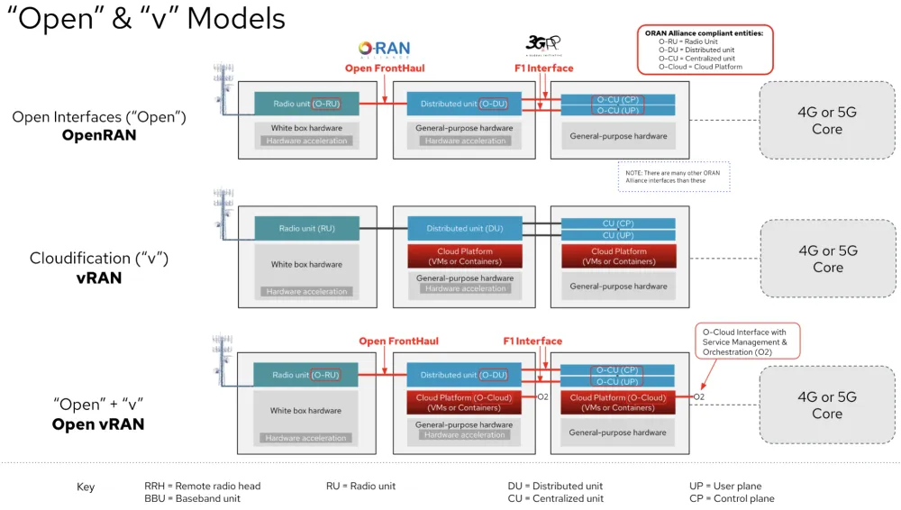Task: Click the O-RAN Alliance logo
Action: (384, 50)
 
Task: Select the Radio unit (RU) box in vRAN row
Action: (306, 228)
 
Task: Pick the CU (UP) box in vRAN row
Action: (618, 235)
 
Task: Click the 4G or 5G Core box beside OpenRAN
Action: (826, 121)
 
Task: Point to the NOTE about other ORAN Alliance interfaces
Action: (672, 177)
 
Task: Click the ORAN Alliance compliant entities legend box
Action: (704, 50)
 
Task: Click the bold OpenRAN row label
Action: (99, 135)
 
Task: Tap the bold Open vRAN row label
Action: (98, 424)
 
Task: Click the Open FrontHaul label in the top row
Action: (385, 68)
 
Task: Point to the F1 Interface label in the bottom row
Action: (532, 341)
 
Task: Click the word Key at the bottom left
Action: (86, 487)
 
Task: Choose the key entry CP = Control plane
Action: (731, 498)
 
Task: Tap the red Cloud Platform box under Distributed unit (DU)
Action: (465, 256)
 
